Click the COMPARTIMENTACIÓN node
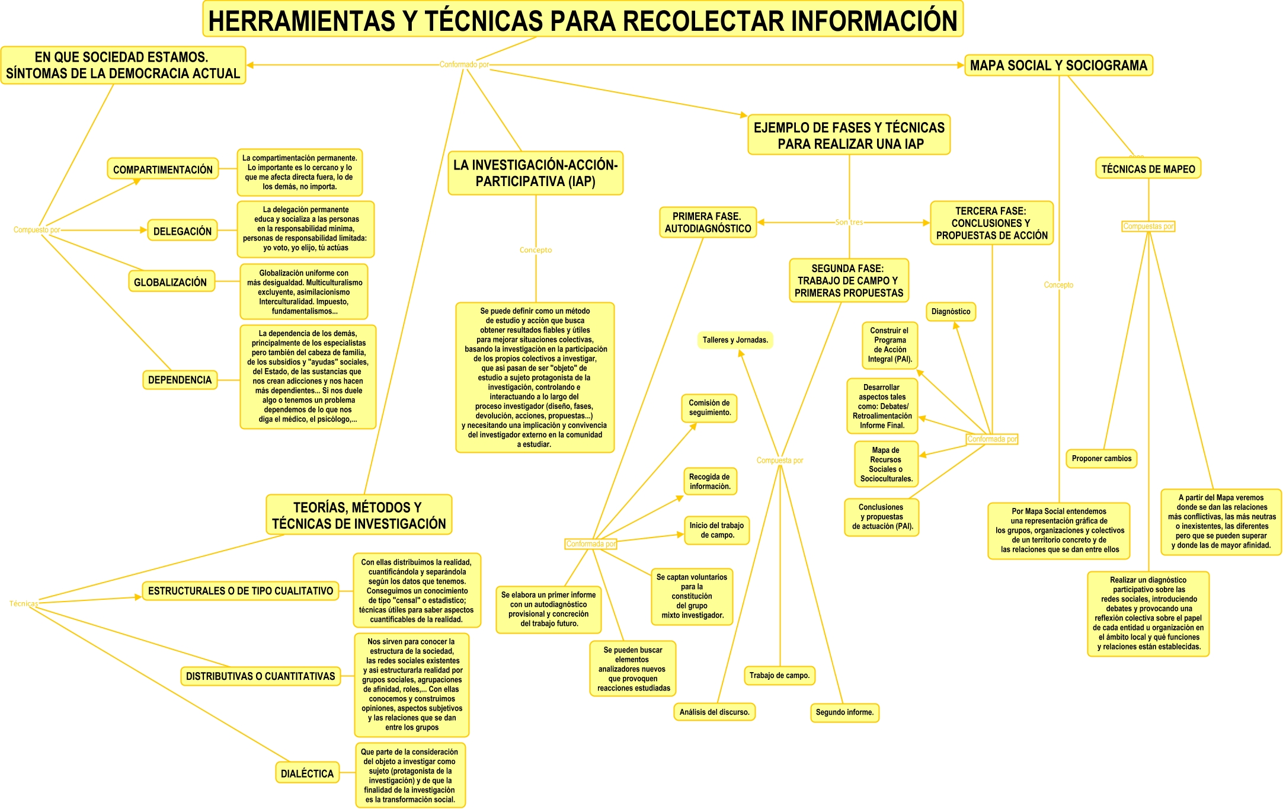163,170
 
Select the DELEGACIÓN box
182,231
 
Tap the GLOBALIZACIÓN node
171,282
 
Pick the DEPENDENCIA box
180,380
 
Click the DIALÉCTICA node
307,773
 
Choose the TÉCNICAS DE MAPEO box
1148,169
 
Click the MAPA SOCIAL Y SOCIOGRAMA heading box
1058,65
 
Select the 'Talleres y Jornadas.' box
735,340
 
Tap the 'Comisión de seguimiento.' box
709,408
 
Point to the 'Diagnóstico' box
951,312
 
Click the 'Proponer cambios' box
1101,459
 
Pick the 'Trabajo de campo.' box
779,676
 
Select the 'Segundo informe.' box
844,712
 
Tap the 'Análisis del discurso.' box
714,712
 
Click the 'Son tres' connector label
849,222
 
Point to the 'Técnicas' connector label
24,604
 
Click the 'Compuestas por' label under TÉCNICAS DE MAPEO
1148,226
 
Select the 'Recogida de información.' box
709,482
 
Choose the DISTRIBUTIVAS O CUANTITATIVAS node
260,676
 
